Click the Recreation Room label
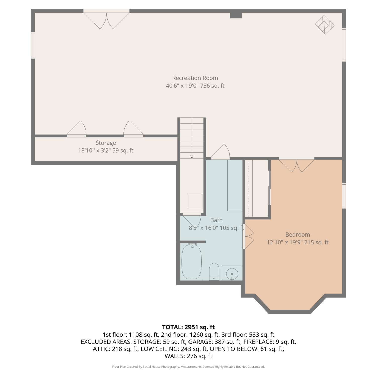pyautogui.click(x=195, y=78)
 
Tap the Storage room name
pyautogui.click(x=106, y=143)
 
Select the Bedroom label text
pyautogui.click(x=298, y=234)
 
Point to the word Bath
pyautogui.click(x=216, y=220)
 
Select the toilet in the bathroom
pyautogui.click(x=214, y=272)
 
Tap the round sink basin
pyautogui.click(x=232, y=274)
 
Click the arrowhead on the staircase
pyautogui.click(x=192, y=157)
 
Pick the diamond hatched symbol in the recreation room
pyautogui.click(x=325, y=25)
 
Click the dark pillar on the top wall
pyautogui.click(x=236, y=15)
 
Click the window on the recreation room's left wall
pyautogui.click(x=33, y=45)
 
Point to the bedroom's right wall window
pyautogui.click(x=344, y=196)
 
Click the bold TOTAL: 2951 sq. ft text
pyautogui.click(x=189, y=327)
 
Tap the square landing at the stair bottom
pyautogui.click(x=195, y=201)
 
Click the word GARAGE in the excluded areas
pyautogui.click(x=200, y=342)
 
